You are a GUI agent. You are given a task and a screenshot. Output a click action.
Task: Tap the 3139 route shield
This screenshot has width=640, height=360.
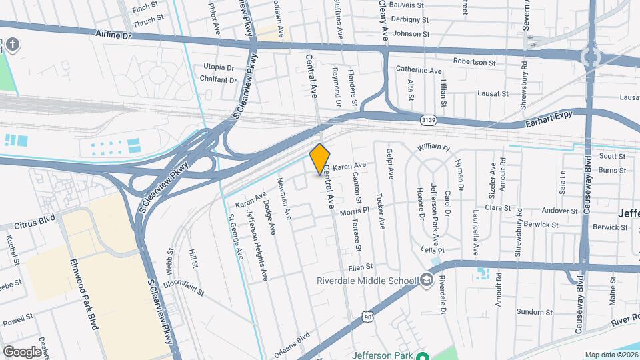click(x=429, y=120)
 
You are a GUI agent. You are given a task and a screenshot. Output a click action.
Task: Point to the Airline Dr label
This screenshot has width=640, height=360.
click(x=115, y=33)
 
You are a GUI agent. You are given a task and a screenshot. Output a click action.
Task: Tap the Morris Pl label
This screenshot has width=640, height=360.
click(x=354, y=212)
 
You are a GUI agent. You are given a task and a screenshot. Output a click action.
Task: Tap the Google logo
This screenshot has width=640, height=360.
click(x=22, y=351)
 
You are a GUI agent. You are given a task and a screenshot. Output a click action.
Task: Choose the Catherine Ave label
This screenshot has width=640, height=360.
click(x=419, y=69)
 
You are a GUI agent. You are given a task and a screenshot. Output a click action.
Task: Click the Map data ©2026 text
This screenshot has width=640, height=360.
click(x=611, y=355)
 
